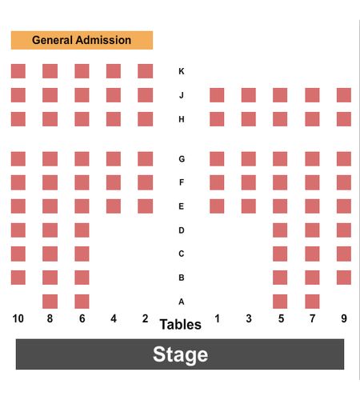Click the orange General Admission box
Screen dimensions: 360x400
82,40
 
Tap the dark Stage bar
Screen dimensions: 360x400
180,354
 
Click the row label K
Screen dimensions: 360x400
182,71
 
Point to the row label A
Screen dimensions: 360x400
182,302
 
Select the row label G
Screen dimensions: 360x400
182,159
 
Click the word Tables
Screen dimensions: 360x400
181,325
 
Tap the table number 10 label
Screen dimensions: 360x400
18,318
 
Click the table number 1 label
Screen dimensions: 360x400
217,318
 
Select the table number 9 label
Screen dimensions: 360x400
344,318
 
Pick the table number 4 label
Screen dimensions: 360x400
114,318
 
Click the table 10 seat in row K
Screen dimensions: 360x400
18,71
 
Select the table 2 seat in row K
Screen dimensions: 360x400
146,71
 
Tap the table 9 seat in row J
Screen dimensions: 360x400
344,95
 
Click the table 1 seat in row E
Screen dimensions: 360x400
217,206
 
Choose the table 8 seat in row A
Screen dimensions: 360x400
50,302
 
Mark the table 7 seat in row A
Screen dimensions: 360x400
312,302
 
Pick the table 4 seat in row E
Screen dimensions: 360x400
114,206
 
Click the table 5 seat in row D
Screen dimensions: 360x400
280,230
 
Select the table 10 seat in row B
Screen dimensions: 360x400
18,278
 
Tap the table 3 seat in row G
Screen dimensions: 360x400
249,159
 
